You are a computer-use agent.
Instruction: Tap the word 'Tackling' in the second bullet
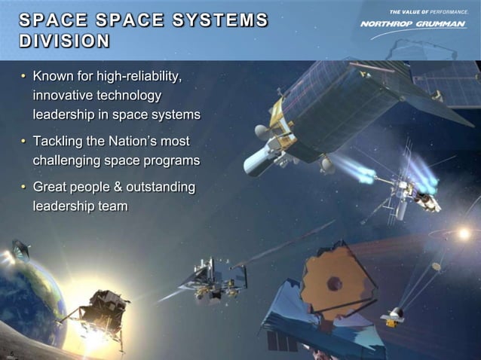click(x=59, y=142)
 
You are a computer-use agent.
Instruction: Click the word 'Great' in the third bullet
click(x=51, y=187)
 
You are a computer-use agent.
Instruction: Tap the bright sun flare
click(x=464, y=234)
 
